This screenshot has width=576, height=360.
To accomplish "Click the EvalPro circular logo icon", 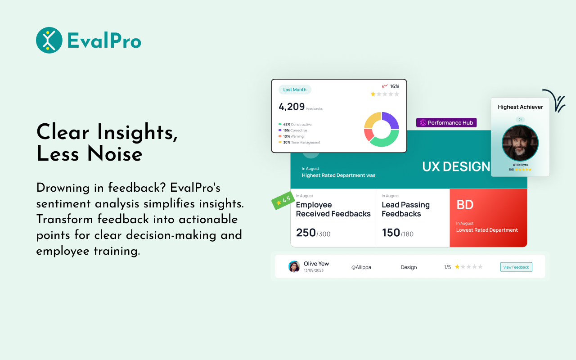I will [49, 40].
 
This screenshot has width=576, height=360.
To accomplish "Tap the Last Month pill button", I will [295, 90].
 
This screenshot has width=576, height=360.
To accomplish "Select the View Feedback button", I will [516, 267].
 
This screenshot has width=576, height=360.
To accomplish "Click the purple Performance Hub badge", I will [446, 122].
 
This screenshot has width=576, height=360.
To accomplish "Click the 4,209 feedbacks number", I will [292, 107].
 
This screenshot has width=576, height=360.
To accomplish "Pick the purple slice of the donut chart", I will [391, 120].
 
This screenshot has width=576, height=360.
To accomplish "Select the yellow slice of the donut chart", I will [372, 120].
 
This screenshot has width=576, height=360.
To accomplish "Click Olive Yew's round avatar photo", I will [294, 267].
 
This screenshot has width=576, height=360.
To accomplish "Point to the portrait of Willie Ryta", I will [520, 143].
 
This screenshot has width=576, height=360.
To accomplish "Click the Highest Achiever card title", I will [520, 107].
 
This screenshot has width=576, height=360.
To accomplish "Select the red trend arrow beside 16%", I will [385, 86].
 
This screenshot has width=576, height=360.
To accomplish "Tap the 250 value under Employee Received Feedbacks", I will [306, 233].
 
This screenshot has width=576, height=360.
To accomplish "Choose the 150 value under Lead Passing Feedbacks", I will [391, 233].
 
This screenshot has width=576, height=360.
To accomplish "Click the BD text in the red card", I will [465, 205].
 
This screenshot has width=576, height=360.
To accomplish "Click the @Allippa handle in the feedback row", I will [361, 267].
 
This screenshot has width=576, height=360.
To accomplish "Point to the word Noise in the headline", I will [115, 154].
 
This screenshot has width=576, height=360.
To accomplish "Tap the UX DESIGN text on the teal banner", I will [456, 166].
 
